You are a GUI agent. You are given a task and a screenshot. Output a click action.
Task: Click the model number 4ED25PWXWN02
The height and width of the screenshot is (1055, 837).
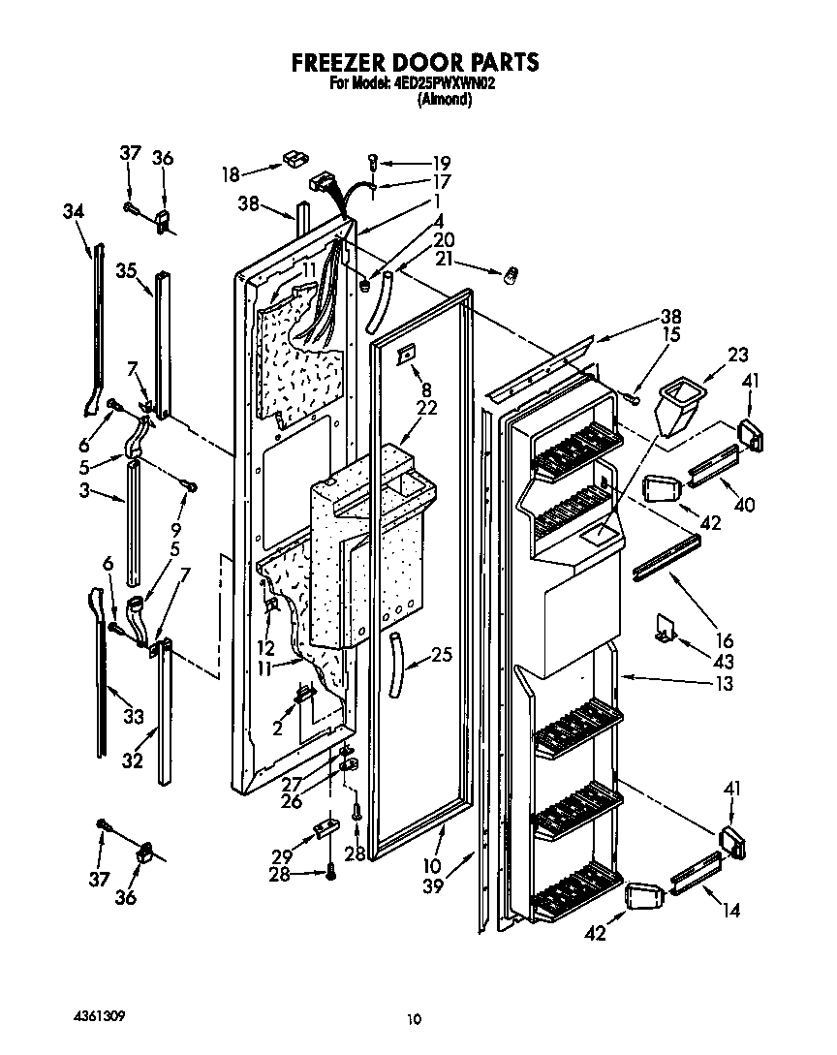[446, 83]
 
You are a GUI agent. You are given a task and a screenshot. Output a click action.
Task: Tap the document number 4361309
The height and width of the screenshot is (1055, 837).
[99, 1017]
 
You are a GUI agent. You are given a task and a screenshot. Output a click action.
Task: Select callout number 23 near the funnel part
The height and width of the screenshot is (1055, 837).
[739, 355]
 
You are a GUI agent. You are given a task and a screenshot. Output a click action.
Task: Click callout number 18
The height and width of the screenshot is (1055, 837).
[231, 174]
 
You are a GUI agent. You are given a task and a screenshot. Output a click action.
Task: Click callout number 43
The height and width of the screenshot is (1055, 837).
[722, 662]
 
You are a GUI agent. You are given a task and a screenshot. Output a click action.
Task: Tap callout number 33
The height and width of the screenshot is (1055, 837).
[133, 717]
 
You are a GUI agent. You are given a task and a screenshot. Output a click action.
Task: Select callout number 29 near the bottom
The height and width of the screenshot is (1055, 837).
[282, 857]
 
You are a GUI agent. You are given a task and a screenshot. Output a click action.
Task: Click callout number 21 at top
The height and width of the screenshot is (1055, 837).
[446, 258]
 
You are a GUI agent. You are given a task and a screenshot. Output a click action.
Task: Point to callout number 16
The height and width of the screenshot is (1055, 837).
[722, 640]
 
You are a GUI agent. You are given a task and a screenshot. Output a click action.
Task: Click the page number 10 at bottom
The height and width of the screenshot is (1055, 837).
[415, 1018]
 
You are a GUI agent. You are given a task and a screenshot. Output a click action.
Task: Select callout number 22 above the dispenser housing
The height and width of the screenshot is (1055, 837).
[426, 408]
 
